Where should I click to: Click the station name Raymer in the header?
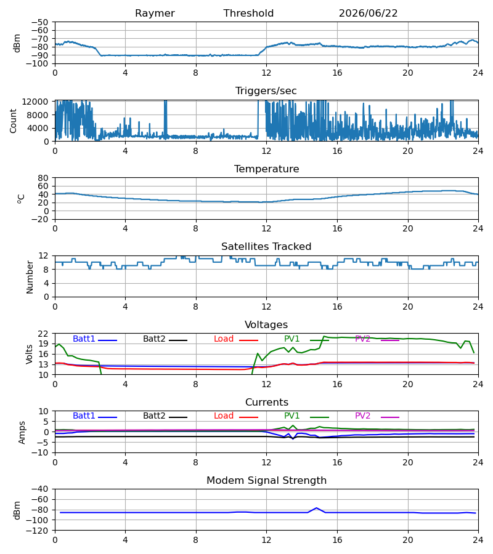pyautogui.click(x=155, y=14)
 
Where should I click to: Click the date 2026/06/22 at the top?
pyautogui.click(x=368, y=14)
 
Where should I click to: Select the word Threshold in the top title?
pyautogui.click(x=248, y=14)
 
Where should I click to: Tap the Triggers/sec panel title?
pyautogui.click(x=266, y=91)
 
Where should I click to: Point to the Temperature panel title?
pyautogui.click(x=266, y=169)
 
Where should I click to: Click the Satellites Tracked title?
pyautogui.click(x=266, y=247)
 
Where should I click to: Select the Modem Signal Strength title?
pyautogui.click(x=266, y=481)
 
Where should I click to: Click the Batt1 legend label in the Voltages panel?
pyautogui.click(x=84, y=339)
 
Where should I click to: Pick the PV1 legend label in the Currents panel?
pyautogui.click(x=291, y=416)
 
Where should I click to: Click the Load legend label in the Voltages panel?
pyautogui.click(x=224, y=339)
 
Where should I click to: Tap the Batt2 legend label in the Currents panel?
pyautogui.click(x=154, y=416)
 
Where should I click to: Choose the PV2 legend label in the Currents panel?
pyautogui.click(x=362, y=416)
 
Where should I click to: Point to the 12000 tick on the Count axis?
pyautogui.click(x=35, y=102)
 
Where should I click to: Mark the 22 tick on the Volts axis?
pyautogui.click(x=43, y=334)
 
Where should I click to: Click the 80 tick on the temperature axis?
pyautogui.click(x=43, y=178)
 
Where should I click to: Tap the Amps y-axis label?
pyautogui.click(x=22, y=433)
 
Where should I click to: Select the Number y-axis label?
pyautogui.click(x=30, y=278)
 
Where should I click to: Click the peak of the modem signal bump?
pyautogui.click(x=317, y=508)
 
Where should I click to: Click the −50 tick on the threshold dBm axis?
pyautogui.click(x=40, y=22)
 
